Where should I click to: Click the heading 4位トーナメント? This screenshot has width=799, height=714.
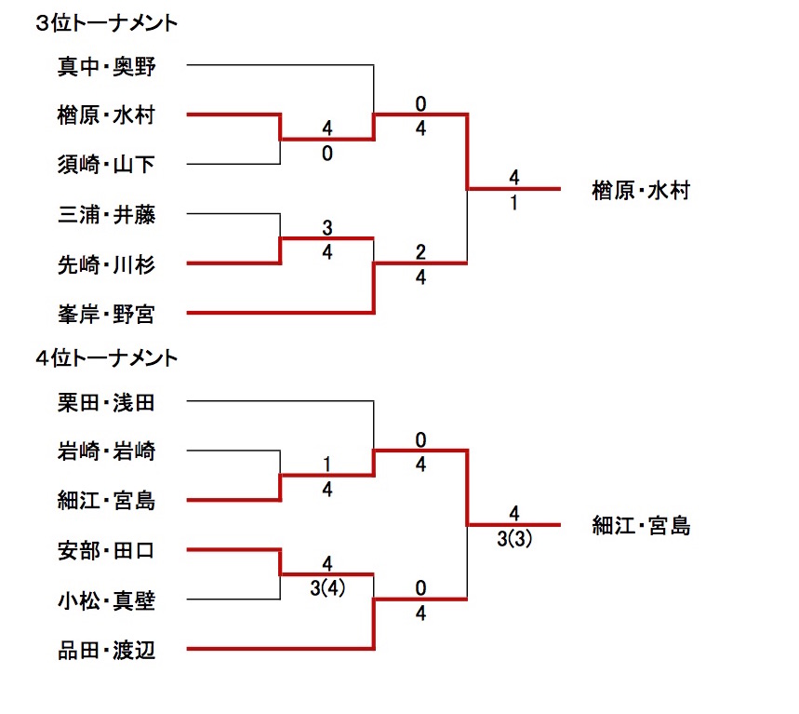(x=106, y=357)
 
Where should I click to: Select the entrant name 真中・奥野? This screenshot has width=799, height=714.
(x=105, y=66)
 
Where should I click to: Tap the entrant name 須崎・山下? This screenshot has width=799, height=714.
(x=105, y=166)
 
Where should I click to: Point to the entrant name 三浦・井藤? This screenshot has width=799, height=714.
(x=105, y=215)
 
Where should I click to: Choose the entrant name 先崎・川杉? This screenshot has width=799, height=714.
(x=105, y=264)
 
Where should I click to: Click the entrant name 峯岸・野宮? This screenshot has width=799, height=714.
(x=105, y=315)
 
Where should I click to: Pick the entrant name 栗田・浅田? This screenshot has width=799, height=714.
(x=105, y=402)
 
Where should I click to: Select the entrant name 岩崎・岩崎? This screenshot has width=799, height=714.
(x=105, y=452)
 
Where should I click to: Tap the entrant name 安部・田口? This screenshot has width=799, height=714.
(x=105, y=551)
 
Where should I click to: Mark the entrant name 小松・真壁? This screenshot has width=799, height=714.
(x=105, y=600)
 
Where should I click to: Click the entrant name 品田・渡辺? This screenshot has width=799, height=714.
(x=105, y=651)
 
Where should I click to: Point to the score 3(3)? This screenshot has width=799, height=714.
(x=513, y=539)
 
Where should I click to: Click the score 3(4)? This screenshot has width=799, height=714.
(x=327, y=588)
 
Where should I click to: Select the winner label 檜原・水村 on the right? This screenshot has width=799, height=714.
(x=641, y=191)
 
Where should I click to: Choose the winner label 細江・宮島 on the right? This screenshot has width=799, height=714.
(x=641, y=526)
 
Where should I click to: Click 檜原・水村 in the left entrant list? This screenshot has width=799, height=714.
(x=105, y=115)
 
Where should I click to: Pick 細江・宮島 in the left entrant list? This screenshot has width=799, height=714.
(x=105, y=502)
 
